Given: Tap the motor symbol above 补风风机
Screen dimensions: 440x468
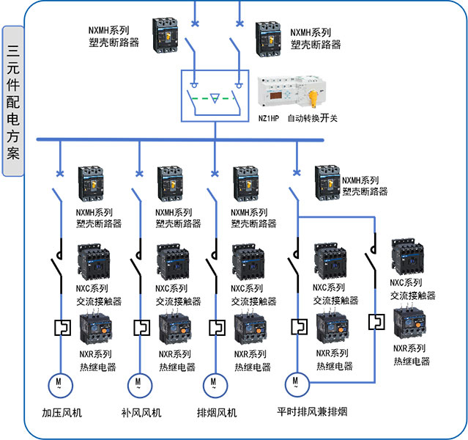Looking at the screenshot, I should pyautogui.click(x=138, y=383).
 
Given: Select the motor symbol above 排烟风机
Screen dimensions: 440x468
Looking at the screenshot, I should pyautogui.click(x=213, y=383).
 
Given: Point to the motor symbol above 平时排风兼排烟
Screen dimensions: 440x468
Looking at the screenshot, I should pyautogui.click(x=295, y=381).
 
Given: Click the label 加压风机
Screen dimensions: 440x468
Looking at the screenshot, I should pyautogui.click(x=60, y=413).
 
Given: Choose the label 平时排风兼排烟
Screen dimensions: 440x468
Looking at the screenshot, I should pyautogui.click(x=311, y=412).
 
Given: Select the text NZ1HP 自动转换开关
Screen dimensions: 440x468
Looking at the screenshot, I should pyautogui.click(x=297, y=118).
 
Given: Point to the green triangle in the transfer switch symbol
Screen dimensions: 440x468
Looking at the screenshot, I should pyautogui.click(x=215, y=97).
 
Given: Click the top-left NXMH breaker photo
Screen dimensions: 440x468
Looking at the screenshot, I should pyautogui.click(x=166, y=35).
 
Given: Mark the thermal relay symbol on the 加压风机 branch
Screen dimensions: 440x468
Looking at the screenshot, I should pyautogui.click(x=61, y=326).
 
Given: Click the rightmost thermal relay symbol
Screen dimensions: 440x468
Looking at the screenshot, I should pyautogui.click(x=376, y=320).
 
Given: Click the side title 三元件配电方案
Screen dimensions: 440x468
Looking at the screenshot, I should pyautogui.click(x=13, y=103).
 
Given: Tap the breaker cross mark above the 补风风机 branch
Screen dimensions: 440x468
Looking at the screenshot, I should pyautogui.click(x=138, y=175).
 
